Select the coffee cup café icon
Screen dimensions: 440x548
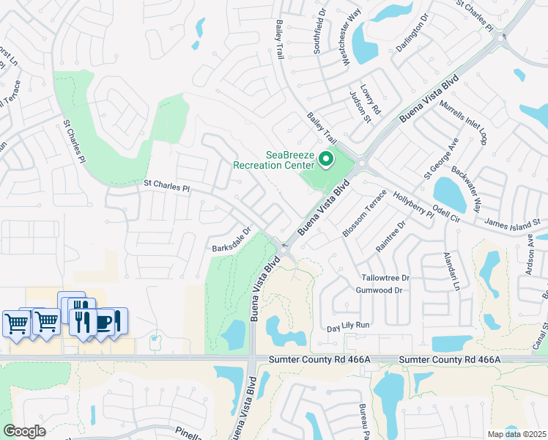pyautogui.click(x=105, y=322)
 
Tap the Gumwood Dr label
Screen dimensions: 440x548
pyautogui.click(x=378, y=290)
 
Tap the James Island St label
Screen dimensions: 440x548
pyautogui.click(x=511, y=221)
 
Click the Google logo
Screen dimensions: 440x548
pyautogui.click(x=24, y=431)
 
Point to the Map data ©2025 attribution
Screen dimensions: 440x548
pyautogui.click(x=516, y=434)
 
